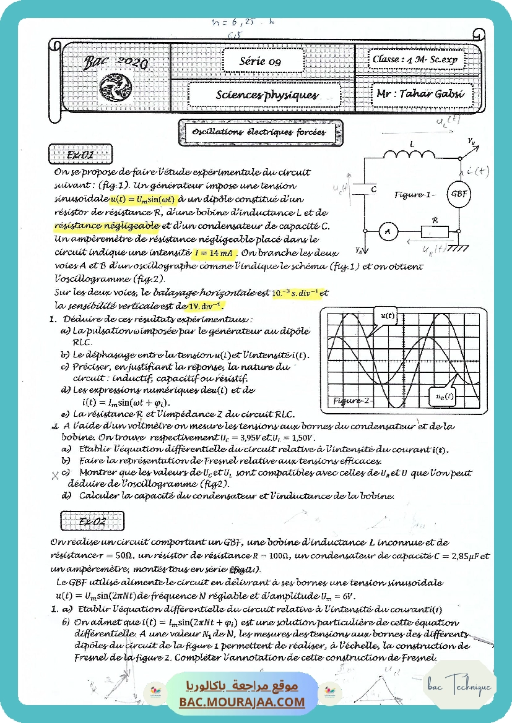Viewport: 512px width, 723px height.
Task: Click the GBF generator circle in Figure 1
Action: [459, 194]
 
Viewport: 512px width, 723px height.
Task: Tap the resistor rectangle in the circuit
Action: [435, 231]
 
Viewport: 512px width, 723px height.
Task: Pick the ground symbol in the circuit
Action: [459, 248]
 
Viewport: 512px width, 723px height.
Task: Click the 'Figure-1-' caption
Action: [415, 194]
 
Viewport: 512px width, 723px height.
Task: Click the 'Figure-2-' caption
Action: [353, 400]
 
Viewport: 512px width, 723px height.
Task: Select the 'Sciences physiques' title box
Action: [267, 95]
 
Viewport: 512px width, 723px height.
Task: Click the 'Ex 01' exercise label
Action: [80, 155]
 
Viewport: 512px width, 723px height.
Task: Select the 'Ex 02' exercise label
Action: [92, 521]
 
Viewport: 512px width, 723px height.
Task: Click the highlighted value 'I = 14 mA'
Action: [214, 252]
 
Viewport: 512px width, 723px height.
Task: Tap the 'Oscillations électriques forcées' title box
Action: [258, 132]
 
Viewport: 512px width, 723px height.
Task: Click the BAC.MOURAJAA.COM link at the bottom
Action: [242, 702]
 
